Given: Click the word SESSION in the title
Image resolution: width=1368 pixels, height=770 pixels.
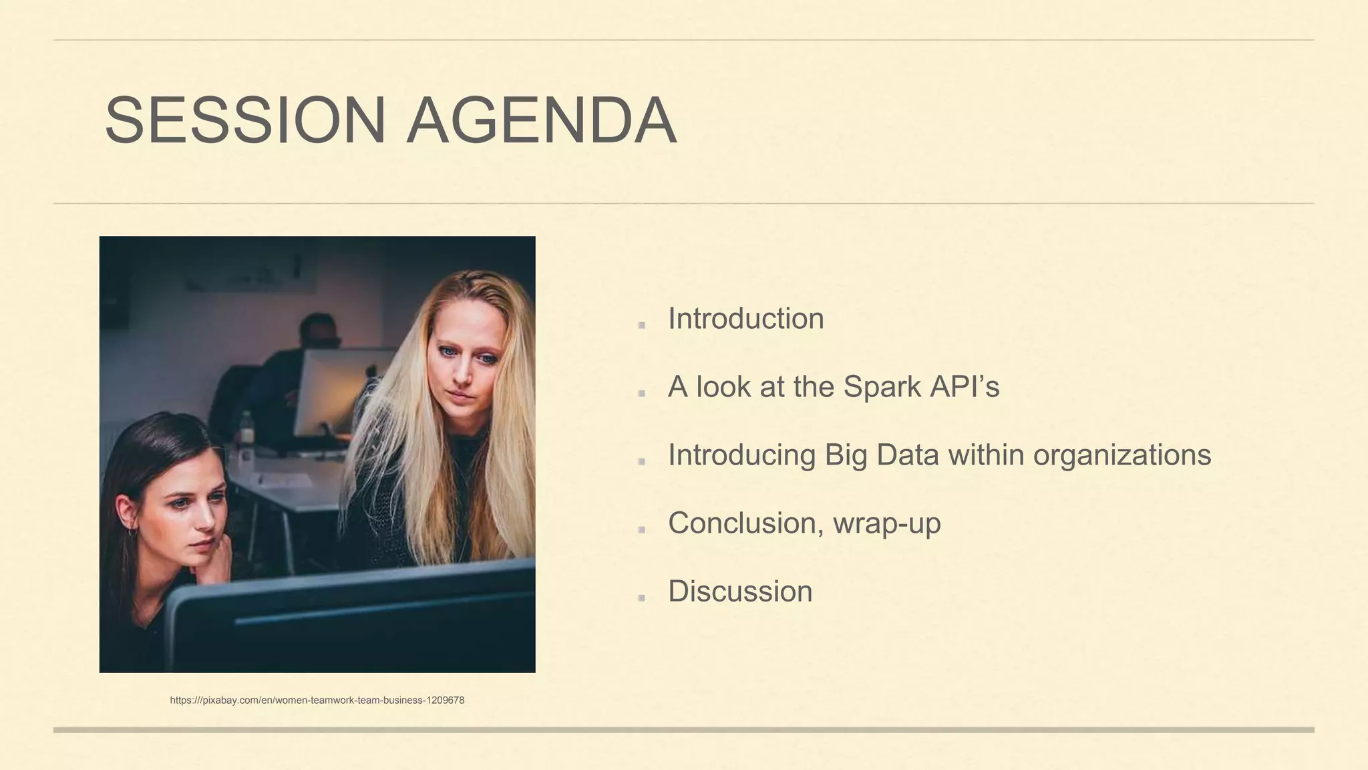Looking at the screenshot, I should (244, 120).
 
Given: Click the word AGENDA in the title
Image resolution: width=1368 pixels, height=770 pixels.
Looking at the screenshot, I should (542, 120).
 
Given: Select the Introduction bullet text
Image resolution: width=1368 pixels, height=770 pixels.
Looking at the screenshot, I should (745, 319).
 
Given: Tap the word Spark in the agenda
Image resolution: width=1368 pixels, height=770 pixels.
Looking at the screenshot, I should (882, 387).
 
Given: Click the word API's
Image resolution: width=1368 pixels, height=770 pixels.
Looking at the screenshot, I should (965, 387).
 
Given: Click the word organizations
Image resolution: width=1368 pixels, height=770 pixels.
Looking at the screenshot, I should (1122, 455).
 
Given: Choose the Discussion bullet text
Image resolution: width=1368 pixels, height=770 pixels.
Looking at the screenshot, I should (740, 592).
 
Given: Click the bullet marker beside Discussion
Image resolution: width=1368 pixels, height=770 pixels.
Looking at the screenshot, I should (641, 597).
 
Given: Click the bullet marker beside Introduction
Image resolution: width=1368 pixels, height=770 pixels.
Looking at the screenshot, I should (641, 325).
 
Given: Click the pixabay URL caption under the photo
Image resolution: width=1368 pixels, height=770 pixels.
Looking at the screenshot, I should (317, 700).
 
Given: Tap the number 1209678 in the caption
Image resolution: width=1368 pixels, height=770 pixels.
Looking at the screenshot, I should (444, 700).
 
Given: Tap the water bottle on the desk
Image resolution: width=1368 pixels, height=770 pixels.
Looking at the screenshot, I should (246, 428).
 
